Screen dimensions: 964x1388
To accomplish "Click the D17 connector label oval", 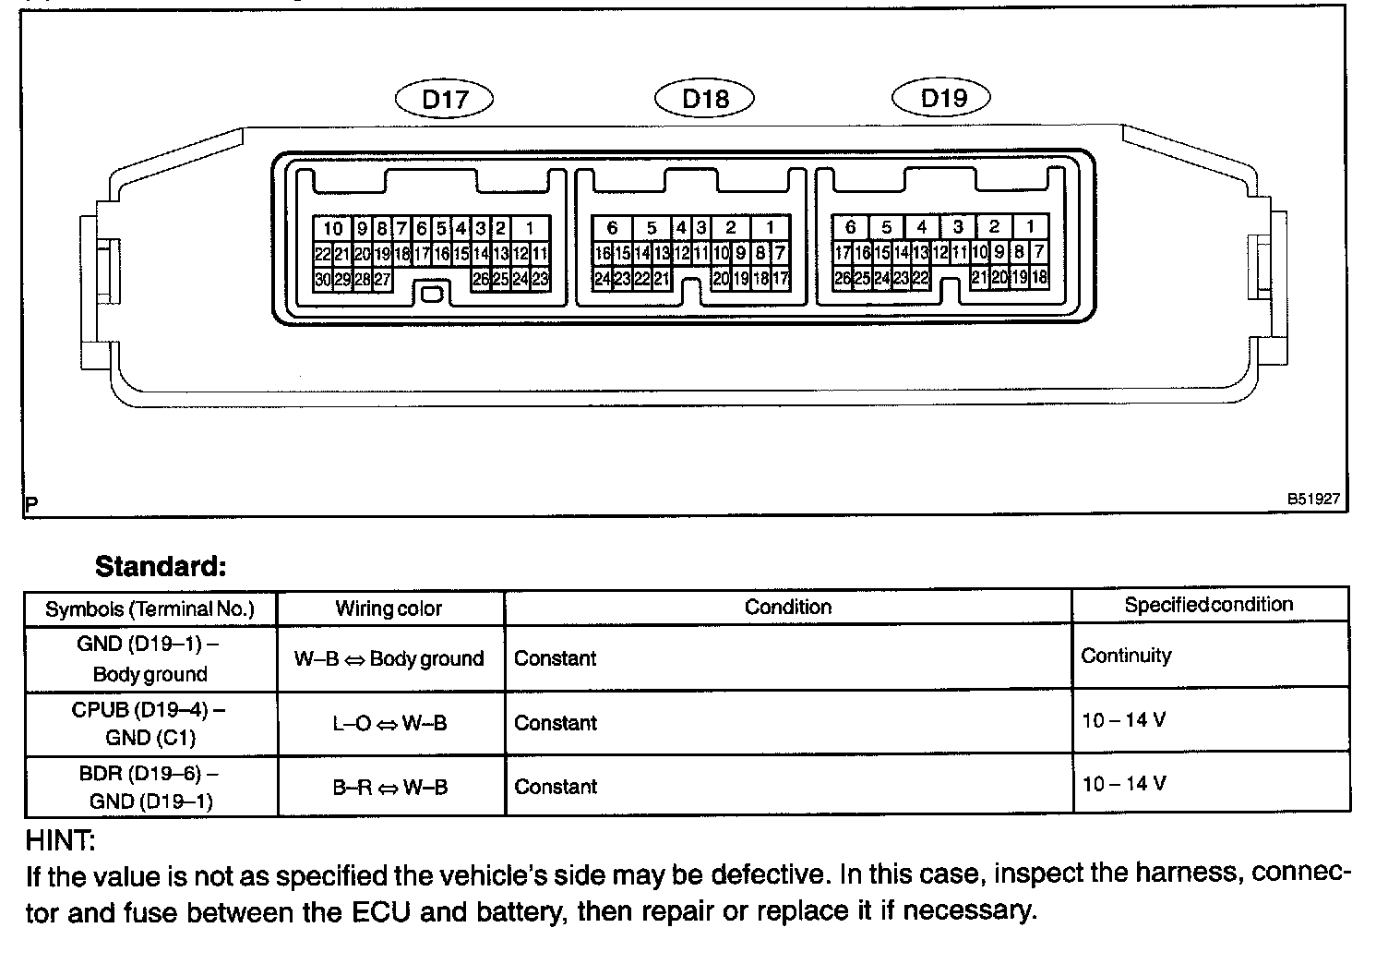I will pyautogui.click(x=445, y=99).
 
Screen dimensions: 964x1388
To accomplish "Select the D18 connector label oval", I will pyautogui.click(x=705, y=98).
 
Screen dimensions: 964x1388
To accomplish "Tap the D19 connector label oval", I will pyautogui.click(x=942, y=97).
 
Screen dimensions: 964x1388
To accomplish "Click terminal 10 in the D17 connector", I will pyautogui.click(x=332, y=229).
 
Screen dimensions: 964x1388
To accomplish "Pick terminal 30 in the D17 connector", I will pyautogui.click(x=322, y=279).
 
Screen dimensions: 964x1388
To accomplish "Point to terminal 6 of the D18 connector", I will pyautogui.click(x=612, y=228).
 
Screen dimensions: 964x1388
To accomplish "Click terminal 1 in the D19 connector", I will pyautogui.click(x=1030, y=226).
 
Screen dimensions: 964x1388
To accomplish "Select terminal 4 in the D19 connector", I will pyautogui.click(x=921, y=226).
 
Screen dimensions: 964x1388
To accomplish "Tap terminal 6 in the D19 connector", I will pyautogui.click(x=850, y=226).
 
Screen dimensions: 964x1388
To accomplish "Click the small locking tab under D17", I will pyautogui.click(x=432, y=295).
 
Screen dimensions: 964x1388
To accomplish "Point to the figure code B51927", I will pyautogui.click(x=1313, y=499).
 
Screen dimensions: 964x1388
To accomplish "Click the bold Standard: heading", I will pyautogui.click(x=161, y=566).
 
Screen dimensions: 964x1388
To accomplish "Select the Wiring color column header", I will pyautogui.click(x=389, y=609).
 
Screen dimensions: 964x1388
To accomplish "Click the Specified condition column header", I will pyautogui.click(x=1208, y=605).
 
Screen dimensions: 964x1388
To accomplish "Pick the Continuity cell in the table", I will pyautogui.click(x=1126, y=656).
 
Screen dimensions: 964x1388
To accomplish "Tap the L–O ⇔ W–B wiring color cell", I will pyautogui.click(x=389, y=723).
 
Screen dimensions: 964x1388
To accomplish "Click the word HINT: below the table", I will pyautogui.click(x=61, y=841).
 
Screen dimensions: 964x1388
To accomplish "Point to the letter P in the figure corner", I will pyautogui.click(x=32, y=505).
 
